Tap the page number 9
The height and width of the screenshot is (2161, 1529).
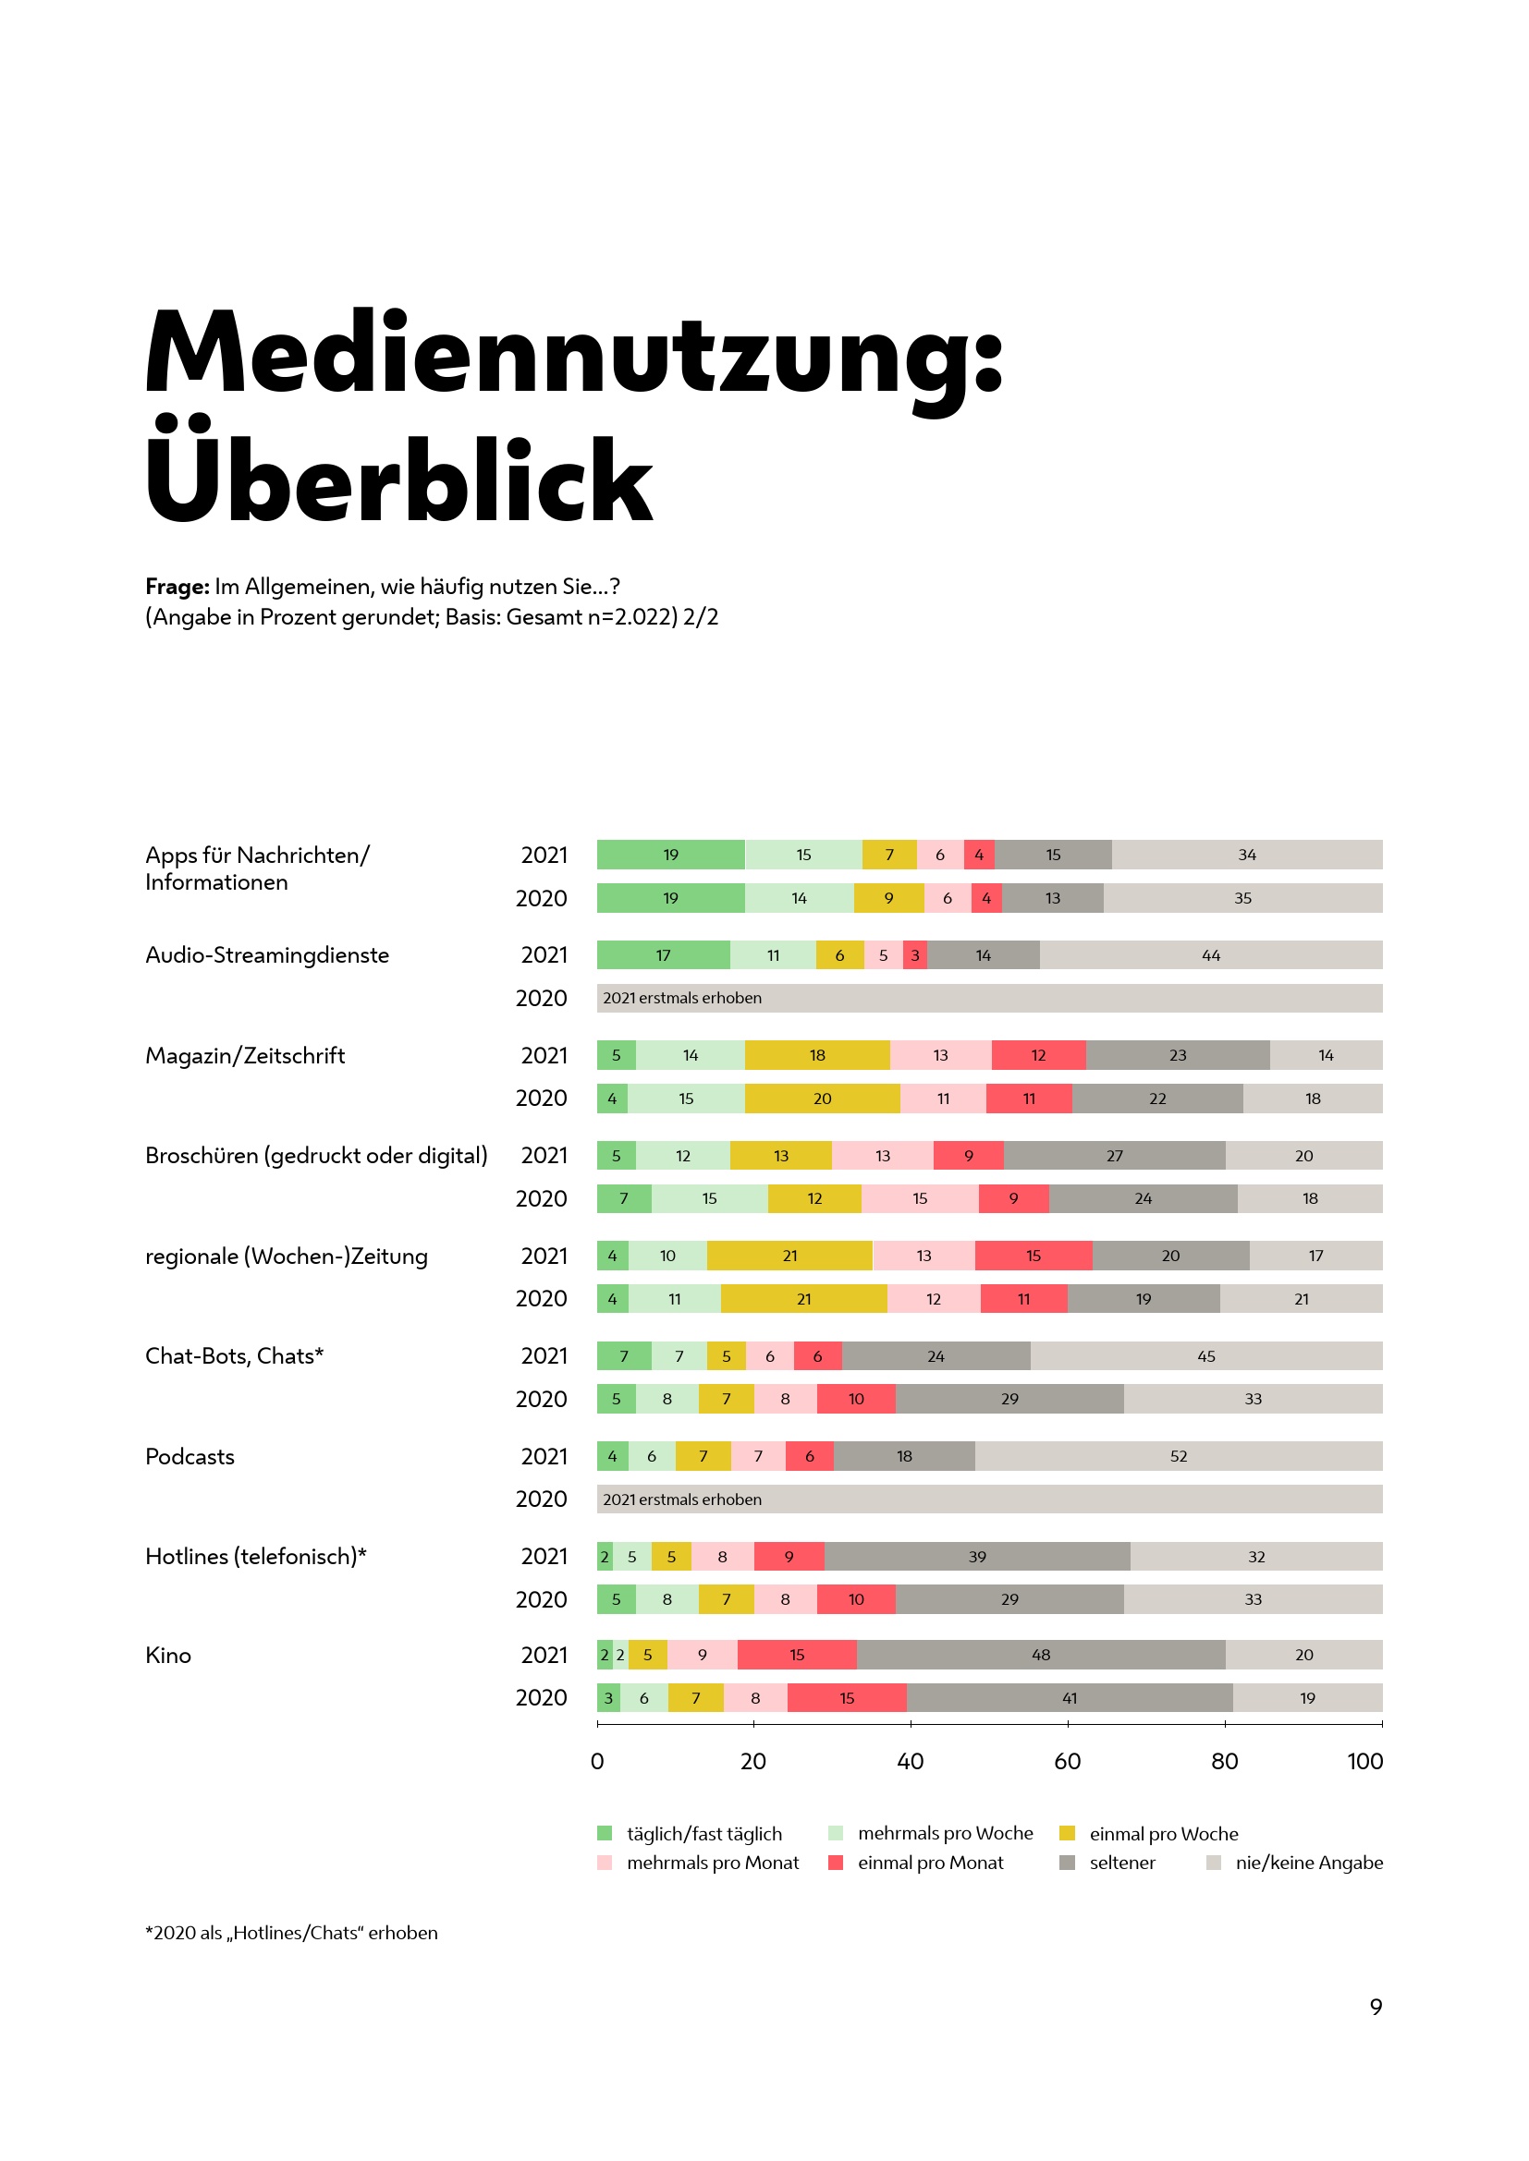(x=1376, y=2007)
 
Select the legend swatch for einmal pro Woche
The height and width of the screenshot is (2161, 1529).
(x=1067, y=1832)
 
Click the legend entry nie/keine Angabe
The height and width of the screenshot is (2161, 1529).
(x=1309, y=1863)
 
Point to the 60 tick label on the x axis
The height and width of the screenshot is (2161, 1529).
(x=1067, y=1761)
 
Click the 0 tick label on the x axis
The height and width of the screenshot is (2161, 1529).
(x=597, y=1761)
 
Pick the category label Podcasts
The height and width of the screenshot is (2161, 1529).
(x=190, y=1456)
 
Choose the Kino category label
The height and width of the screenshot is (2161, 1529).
(x=167, y=1655)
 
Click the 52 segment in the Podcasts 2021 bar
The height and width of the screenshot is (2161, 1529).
(x=1178, y=1456)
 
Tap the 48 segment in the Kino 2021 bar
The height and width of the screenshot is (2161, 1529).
(x=1040, y=1655)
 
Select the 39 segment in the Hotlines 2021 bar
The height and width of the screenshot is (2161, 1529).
(x=977, y=1557)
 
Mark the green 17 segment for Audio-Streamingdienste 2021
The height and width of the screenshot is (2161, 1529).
(x=663, y=955)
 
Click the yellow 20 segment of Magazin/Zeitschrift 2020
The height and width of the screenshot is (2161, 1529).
(x=822, y=1099)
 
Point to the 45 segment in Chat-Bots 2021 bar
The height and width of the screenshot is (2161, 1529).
(x=1206, y=1356)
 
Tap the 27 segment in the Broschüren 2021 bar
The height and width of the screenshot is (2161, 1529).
(x=1115, y=1156)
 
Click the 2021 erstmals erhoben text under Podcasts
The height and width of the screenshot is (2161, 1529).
(x=681, y=1499)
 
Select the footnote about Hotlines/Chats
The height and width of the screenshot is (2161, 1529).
(x=291, y=1932)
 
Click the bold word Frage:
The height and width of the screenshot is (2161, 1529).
(x=177, y=587)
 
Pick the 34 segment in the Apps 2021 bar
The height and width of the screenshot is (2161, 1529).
(x=1246, y=855)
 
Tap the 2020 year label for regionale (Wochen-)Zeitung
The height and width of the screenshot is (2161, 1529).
(x=542, y=1299)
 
